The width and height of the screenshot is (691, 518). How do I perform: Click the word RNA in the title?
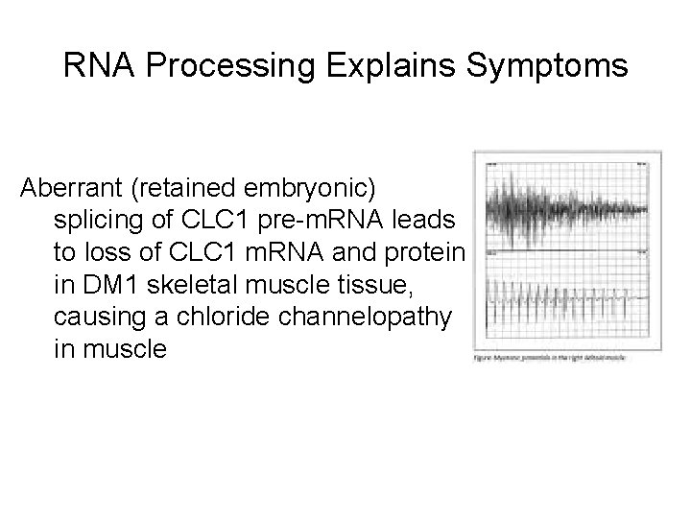point(97,67)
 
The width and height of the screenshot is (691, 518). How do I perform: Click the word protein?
point(431,251)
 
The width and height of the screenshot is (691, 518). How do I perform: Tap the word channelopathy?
point(362,316)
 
